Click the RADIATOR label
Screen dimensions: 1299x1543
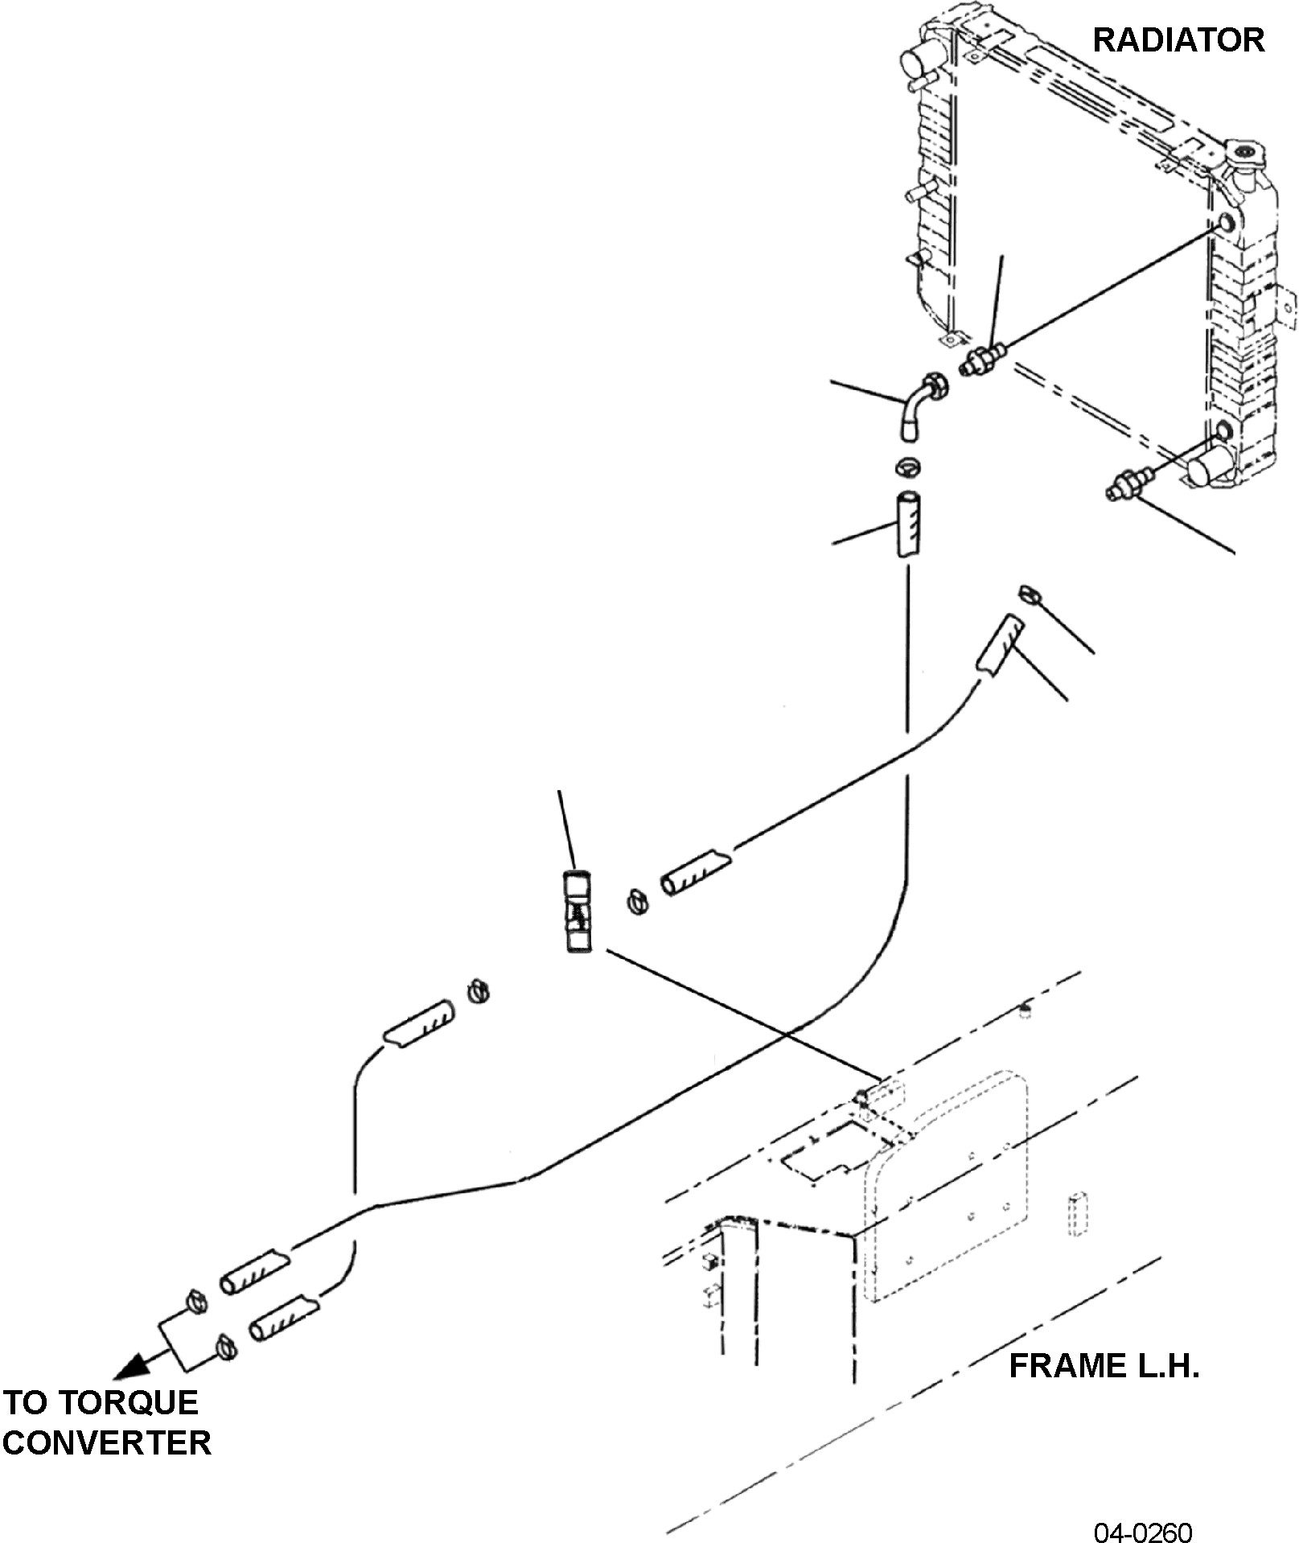tap(1178, 40)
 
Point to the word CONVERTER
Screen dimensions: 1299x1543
tap(107, 1442)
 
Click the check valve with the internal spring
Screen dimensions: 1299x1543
tap(577, 912)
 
